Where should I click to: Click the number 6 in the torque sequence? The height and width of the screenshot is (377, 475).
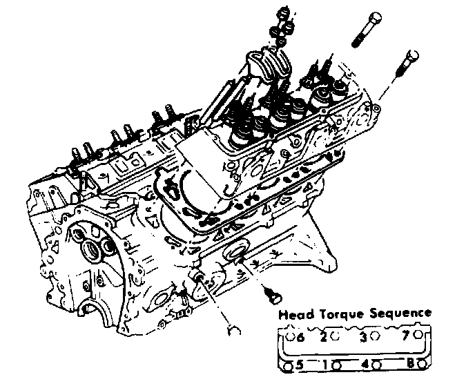[x=300, y=338]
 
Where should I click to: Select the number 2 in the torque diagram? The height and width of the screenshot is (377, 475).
[x=322, y=337]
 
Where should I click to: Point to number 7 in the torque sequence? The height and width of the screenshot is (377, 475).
[x=407, y=336]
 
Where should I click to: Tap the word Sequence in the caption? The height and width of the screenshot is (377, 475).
[x=396, y=314]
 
